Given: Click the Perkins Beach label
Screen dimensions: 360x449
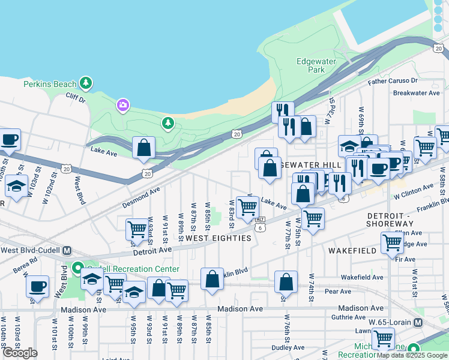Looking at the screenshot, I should point(50,84).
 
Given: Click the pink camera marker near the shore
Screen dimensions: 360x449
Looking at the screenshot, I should point(123,106).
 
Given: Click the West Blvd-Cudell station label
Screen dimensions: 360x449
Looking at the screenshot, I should point(31,250).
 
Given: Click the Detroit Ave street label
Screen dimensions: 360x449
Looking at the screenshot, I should point(152,250).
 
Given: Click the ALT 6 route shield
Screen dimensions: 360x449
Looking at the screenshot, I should point(260,224).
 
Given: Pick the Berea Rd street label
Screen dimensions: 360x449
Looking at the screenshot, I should point(25,265).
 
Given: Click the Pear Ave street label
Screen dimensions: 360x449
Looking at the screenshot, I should point(337,291).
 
